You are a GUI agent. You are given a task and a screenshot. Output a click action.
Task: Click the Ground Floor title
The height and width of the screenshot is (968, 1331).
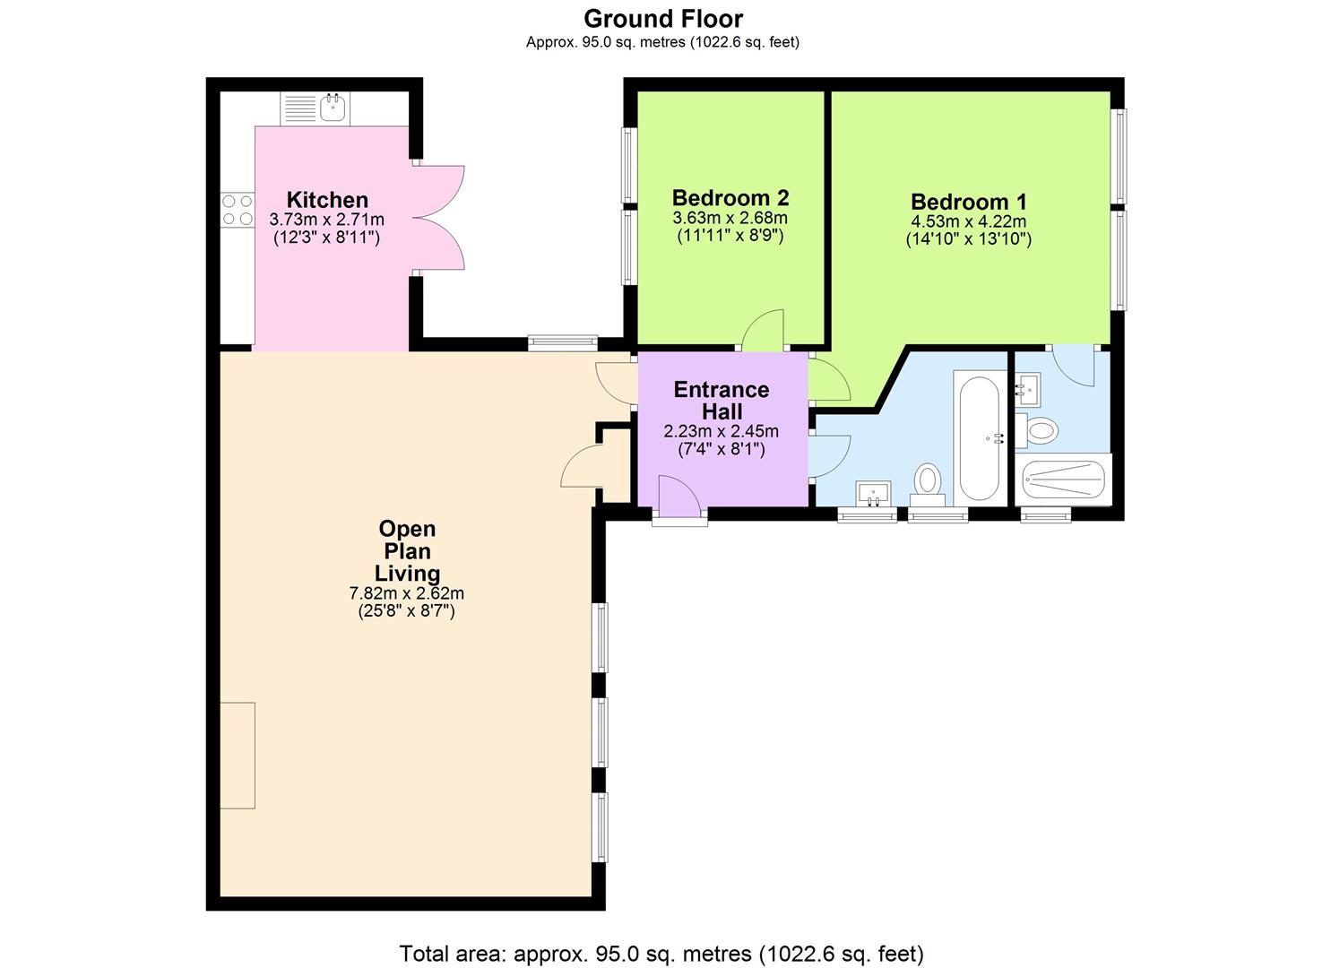(663, 18)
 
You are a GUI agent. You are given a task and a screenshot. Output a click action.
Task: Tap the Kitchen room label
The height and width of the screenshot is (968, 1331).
(327, 200)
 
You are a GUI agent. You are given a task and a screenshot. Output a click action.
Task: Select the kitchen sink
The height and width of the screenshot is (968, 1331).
(333, 108)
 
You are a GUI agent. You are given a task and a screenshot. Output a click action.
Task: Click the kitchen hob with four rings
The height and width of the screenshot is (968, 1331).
(238, 210)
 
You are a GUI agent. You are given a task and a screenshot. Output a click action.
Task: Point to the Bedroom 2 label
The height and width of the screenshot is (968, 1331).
(730, 197)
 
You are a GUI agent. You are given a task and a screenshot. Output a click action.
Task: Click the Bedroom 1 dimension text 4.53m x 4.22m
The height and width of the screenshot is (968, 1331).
(968, 221)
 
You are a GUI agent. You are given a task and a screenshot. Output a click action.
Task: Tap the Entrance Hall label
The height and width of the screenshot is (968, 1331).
(722, 400)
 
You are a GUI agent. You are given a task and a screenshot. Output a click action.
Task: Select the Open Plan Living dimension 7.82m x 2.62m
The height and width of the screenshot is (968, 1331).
(406, 592)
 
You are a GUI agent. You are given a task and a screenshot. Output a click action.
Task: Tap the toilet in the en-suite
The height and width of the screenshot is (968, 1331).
(1040, 430)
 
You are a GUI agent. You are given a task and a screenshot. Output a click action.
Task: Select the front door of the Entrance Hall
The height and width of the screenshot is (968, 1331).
(678, 497)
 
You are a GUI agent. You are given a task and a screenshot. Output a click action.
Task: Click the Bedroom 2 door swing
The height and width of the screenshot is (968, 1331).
(765, 329)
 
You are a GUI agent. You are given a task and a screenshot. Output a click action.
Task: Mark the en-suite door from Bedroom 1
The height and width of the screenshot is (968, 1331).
(1073, 365)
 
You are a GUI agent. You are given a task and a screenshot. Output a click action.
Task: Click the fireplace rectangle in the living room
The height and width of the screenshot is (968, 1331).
(238, 755)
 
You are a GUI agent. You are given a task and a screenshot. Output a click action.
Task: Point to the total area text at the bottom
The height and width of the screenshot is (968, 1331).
(661, 953)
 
